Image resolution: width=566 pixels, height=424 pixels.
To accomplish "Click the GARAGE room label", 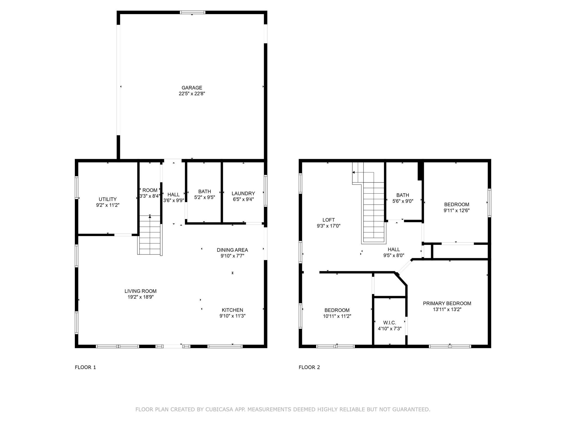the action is click(x=192, y=88).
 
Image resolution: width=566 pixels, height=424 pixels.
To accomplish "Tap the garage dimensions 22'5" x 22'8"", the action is click(x=192, y=94).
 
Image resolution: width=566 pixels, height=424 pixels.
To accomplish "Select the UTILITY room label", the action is click(x=108, y=199).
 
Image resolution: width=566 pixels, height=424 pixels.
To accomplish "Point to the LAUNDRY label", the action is click(x=243, y=193).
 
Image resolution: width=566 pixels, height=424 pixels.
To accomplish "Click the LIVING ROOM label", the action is click(x=141, y=291).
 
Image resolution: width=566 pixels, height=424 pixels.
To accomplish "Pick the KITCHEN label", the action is click(x=232, y=310).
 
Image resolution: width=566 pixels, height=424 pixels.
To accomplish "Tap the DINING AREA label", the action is click(x=232, y=250).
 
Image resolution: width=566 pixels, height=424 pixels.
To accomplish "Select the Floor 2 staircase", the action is click(x=370, y=203).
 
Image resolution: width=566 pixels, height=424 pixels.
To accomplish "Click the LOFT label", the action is click(x=328, y=220).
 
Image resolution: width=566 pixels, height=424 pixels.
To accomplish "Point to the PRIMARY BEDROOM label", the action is click(x=447, y=303).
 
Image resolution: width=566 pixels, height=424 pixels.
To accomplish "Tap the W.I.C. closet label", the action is click(x=390, y=323).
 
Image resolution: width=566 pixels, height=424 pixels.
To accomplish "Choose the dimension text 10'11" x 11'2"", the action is click(x=337, y=316).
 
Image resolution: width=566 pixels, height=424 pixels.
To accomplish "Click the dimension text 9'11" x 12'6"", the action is click(x=457, y=210).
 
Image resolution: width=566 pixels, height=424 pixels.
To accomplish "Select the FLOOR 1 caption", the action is click(x=85, y=367).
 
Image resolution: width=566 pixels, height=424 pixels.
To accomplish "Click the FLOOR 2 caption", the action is click(x=309, y=367).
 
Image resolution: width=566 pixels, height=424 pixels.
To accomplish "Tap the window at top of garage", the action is click(x=192, y=12).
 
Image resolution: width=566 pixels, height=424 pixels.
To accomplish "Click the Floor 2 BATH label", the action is click(x=403, y=195).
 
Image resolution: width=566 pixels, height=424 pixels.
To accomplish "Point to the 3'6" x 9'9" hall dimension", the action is click(x=174, y=200).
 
